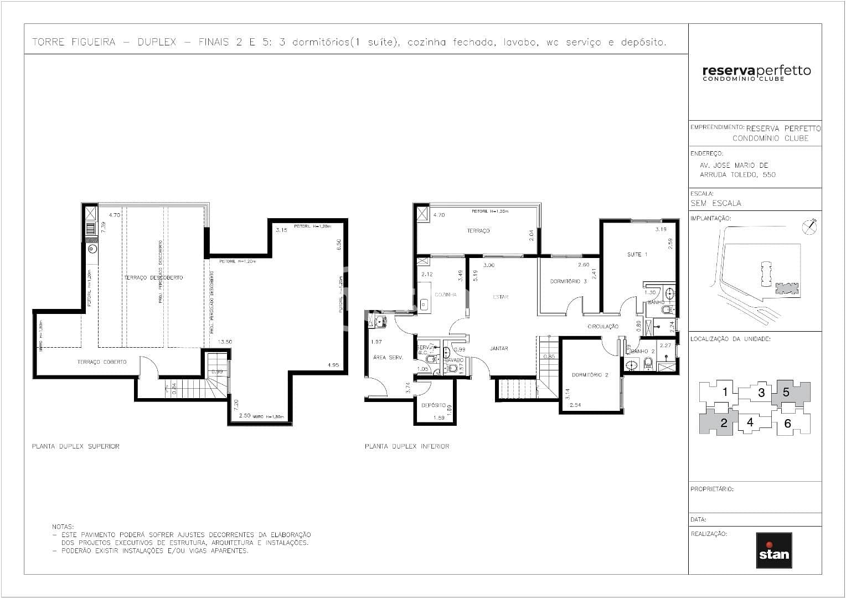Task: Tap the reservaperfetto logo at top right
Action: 756,73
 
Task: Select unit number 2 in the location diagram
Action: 724,423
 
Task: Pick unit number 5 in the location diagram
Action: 786,393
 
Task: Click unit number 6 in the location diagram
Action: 788,424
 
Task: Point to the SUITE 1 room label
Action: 637,255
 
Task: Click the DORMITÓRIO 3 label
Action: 568,281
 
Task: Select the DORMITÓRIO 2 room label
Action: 590,375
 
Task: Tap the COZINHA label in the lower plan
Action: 446,295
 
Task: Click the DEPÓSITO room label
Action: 434,405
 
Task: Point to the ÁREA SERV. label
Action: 388,358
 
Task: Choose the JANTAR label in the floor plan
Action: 499,348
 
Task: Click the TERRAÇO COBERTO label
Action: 102,362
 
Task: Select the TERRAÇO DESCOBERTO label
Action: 153,277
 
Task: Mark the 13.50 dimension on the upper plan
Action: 225,342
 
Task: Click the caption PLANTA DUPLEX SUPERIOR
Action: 76,446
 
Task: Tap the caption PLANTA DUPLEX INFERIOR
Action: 407,446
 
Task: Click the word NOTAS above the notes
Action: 63,527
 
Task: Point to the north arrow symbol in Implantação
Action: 810,226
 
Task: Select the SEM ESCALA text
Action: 715,203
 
